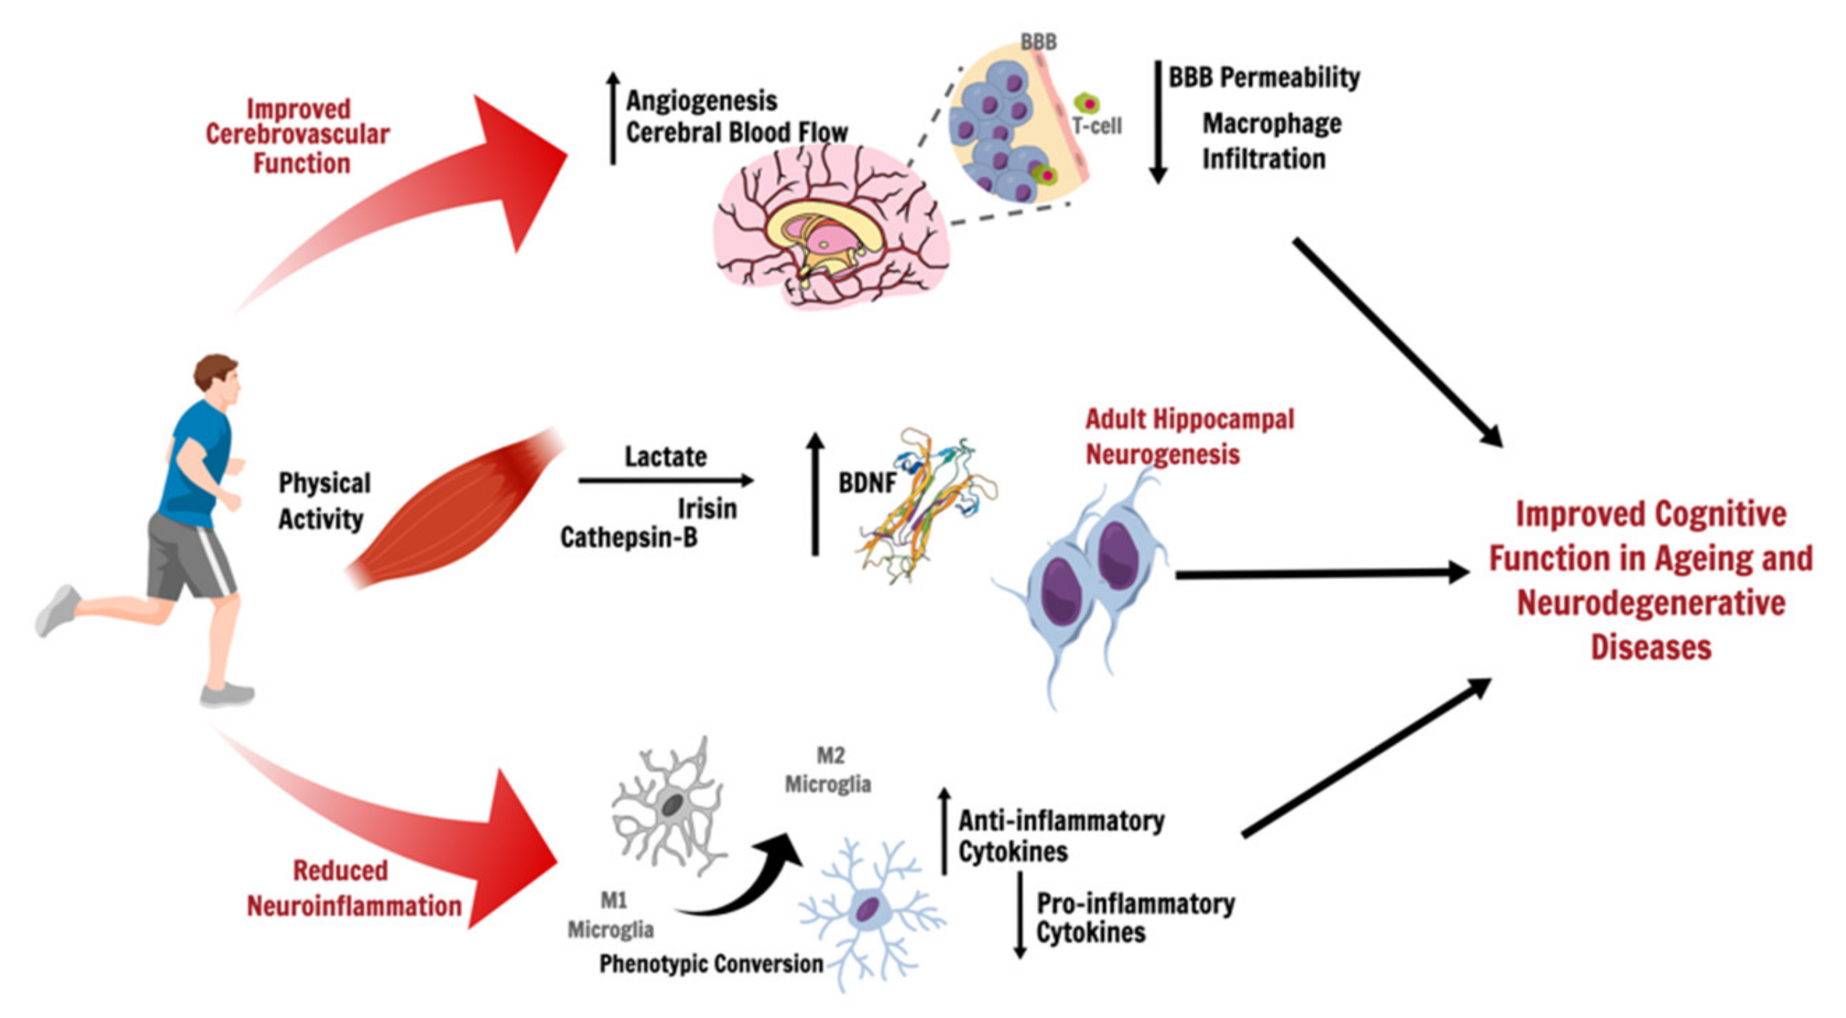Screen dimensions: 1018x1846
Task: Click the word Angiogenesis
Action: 701,101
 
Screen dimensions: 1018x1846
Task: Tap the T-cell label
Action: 1097,126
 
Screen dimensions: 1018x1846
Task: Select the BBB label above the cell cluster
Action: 1039,43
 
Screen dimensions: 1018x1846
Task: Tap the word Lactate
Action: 666,457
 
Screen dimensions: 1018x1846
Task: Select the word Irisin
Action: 707,508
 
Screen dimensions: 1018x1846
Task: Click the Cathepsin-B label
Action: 629,537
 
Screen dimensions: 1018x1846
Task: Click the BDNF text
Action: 867,483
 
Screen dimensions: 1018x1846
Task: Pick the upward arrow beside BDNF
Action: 815,494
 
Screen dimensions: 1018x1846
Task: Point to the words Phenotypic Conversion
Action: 711,964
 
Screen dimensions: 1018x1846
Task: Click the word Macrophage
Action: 1272,123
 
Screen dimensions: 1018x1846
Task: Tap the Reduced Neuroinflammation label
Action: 353,889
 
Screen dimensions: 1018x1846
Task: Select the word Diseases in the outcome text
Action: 1650,647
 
